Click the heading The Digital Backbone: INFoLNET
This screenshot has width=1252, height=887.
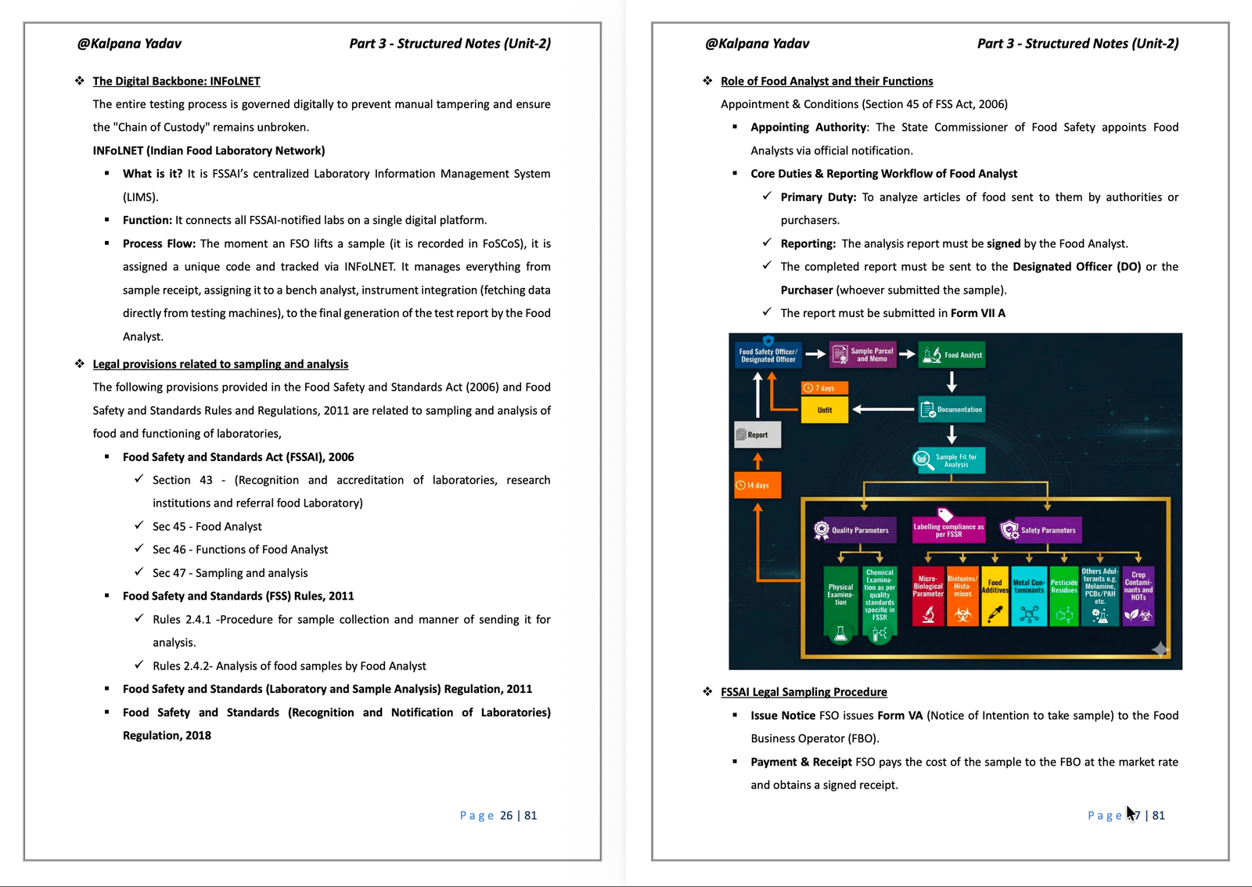[176, 81]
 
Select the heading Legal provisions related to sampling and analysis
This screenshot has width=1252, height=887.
[220, 364]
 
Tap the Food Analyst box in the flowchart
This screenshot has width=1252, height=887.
[952, 355]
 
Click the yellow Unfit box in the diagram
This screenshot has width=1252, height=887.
[825, 410]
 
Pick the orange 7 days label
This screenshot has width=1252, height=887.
[825, 388]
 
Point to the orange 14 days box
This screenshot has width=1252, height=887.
[757, 485]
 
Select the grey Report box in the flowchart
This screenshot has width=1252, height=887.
[757, 434]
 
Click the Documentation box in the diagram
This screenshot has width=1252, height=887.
[952, 409]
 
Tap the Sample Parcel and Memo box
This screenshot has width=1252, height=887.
[863, 355]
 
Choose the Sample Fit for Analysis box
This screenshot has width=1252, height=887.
[948, 460]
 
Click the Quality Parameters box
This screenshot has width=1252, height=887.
[854, 530]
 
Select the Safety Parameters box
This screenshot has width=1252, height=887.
[1041, 530]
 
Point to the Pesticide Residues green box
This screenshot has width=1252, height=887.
[1063, 597]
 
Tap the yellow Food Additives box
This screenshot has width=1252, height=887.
[995, 597]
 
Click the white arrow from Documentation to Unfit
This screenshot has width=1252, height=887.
[883, 409]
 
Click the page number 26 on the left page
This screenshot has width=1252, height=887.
[505, 816]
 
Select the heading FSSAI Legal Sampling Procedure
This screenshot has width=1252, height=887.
[804, 692]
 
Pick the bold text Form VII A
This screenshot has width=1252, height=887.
[977, 313]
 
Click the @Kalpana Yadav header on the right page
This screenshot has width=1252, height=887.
[757, 44]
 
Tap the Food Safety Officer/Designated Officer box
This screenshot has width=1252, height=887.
[768, 355]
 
